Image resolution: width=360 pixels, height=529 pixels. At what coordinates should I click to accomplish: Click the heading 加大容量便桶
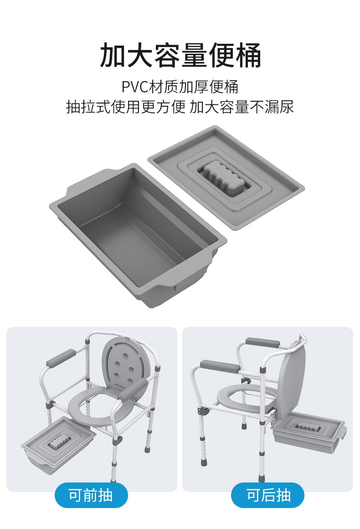180,55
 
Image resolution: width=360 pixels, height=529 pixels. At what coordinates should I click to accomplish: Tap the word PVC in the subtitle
135,87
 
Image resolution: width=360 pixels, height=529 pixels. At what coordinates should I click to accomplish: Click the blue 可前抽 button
91,495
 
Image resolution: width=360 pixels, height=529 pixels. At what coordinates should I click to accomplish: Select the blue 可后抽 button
267,495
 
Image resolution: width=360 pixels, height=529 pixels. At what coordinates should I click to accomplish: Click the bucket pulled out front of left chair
58,445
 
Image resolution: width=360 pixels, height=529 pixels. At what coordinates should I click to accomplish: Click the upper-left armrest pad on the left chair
61,358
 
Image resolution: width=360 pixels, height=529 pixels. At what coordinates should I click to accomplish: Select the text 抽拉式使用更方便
126,107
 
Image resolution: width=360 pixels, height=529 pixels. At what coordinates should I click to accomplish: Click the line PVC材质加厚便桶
180,87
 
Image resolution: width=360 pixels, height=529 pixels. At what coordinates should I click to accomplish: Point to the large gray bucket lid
226,178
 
